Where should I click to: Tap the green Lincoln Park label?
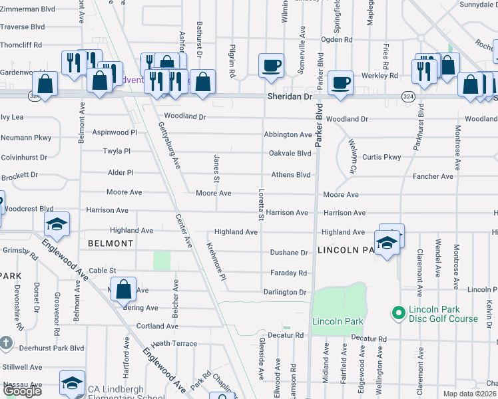[x=337, y=321]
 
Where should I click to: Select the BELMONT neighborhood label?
[x=110, y=244]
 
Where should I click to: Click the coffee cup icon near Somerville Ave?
[x=271, y=66]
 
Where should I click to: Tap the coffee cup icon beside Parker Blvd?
[x=340, y=82]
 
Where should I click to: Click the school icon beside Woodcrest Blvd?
[x=57, y=224]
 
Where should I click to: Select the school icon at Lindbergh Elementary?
[x=72, y=384]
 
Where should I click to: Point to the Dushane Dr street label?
[x=288, y=253]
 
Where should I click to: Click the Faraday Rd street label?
[x=288, y=273]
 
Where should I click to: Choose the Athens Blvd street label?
[x=290, y=175]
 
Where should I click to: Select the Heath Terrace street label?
[x=174, y=343]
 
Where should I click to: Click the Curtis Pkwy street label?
[x=381, y=157]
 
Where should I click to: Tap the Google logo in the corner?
[x=22, y=391]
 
